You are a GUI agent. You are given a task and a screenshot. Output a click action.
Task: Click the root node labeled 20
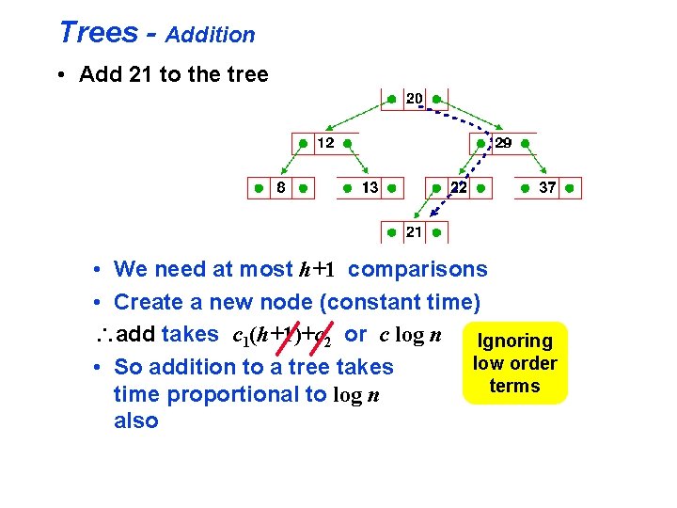tap(414, 99)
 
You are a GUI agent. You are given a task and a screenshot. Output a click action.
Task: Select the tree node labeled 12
tap(323, 144)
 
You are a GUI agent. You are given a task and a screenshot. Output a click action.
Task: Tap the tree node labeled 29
tap(503, 144)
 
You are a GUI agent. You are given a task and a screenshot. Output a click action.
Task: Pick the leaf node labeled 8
tap(279, 188)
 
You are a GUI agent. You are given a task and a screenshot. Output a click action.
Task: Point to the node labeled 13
tap(370, 188)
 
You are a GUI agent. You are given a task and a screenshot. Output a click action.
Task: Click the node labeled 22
tap(458, 188)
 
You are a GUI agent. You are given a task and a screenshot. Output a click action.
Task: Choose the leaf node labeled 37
tap(547, 188)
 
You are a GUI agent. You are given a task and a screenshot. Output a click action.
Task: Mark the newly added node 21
tap(414, 232)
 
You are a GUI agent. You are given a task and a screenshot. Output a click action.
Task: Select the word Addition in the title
tap(211, 36)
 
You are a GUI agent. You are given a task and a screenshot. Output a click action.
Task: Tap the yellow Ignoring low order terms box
tap(514, 364)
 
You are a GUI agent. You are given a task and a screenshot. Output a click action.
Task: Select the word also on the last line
tap(135, 421)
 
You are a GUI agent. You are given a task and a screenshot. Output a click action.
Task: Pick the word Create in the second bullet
tap(147, 302)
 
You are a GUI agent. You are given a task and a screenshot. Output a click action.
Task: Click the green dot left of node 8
tap(257, 189)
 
